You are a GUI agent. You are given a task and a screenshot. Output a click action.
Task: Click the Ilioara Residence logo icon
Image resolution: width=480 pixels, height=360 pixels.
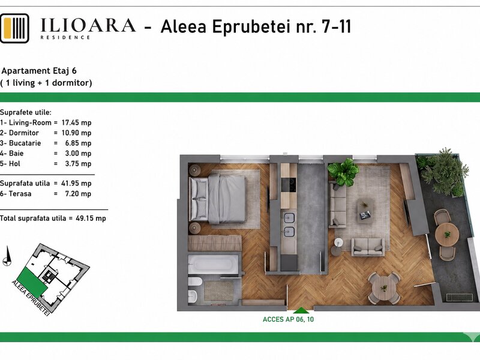pyautogui.click(x=14, y=28)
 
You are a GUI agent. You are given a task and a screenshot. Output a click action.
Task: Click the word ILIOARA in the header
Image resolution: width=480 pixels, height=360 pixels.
pyautogui.click(x=88, y=25)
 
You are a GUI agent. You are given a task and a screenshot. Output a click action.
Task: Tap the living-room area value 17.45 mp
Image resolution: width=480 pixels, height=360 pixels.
pyautogui.click(x=77, y=123)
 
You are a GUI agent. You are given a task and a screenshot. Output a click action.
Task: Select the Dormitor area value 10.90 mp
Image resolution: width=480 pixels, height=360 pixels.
pyautogui.click(x=77, y=133)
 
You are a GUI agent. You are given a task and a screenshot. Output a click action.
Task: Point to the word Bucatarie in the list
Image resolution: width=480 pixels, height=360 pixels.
pyautogui.click(x=25, y=143)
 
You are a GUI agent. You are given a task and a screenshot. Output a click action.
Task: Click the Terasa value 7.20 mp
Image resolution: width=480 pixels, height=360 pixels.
pyautogui.click(x=78, y=194)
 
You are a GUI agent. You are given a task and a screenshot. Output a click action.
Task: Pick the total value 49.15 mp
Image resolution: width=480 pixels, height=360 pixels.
pyautogui.click(x=91, y=218)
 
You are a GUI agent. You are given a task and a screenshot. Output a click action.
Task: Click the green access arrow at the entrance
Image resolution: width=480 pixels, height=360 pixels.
pyautogui.click(x=301, y=310)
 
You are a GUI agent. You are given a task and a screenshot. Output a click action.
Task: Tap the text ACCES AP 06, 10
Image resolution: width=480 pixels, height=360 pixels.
pyautogui.click(x=288, y=319)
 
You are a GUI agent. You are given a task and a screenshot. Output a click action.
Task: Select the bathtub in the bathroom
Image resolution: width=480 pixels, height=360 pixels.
pyautogui.click(x=213, y=264)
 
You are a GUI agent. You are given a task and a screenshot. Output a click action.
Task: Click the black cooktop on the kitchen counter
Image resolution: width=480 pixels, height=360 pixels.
pyautogui.click(x=289, y=185)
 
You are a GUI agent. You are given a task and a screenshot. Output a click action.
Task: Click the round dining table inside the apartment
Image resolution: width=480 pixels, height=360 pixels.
pyautogui.click(x=383, y=289)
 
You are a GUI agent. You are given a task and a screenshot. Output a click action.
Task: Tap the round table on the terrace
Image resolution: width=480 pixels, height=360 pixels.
pyautogui.click(x=446, y=235)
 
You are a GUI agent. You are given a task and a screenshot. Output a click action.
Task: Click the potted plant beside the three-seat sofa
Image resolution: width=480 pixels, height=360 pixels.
pyautogui.click(x=343, y=172)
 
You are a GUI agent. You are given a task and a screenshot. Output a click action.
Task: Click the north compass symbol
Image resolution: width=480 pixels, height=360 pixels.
pyautogui.click(x=7, y=257)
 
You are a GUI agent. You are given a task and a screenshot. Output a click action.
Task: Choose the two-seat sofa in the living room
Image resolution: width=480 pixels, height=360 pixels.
pyautogui.click(x=368, y=247)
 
